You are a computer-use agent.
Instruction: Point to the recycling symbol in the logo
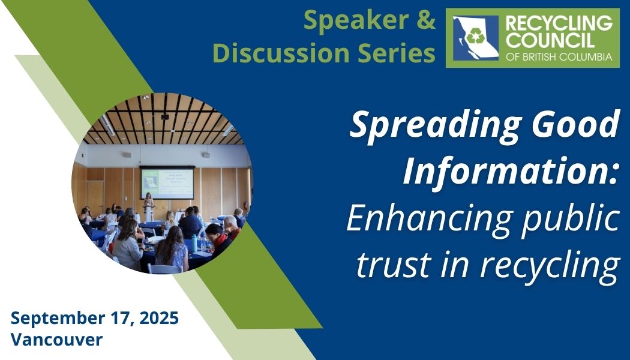coord(475,37)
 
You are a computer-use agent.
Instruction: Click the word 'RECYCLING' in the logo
coord(559,24)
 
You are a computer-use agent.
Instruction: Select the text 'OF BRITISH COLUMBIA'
coord(559,57)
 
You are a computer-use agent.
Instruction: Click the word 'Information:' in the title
coord(511,171)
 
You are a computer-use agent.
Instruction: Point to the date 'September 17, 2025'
coord(95,318)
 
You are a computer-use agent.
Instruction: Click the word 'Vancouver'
coord(56,340)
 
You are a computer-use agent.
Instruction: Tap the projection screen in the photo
coord(167,184)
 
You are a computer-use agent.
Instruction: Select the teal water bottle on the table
coord(194,244)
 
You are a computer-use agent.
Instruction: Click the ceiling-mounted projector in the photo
coord(165,116)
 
